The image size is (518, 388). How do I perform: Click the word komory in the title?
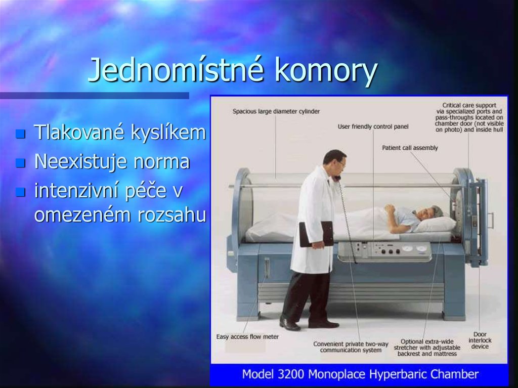[326, 71]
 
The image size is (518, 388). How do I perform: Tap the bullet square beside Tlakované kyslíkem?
[20, 134]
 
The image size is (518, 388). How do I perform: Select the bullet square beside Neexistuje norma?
[20, 163]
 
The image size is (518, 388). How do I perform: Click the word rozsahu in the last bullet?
[172, 215]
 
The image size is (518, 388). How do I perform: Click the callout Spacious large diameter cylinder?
[276, 111]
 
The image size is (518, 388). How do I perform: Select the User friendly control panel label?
[373, 126]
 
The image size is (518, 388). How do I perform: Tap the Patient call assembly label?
[410, 148]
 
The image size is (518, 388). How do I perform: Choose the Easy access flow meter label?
[247, 336]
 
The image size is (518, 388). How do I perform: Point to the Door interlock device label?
[480, 340]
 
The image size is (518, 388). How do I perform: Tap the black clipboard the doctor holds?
[316, 234]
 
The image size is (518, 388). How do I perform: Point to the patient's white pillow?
[435, 224]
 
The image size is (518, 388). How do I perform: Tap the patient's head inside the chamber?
[428, 212]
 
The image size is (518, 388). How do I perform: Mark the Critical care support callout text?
[469, 117]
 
